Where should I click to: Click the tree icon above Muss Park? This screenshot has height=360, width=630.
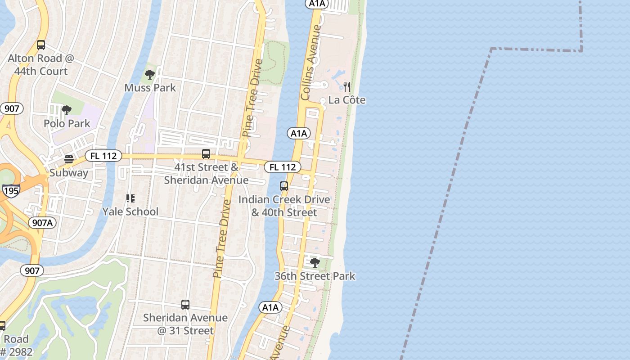(x=150, y=75)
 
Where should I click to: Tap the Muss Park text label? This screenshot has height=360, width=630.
(x=150, y=87)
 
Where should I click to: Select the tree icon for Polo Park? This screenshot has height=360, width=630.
(x=67, y=110)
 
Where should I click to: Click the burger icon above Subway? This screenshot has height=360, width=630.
(x=69, y=159)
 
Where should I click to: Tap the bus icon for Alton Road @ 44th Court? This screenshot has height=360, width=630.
(x=41, y=45)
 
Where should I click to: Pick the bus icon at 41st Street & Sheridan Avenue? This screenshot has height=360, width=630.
(x=206, y=154)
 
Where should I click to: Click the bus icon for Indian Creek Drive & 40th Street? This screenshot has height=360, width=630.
(x=284, y=186)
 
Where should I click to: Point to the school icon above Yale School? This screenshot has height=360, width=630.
(x=130, y=198)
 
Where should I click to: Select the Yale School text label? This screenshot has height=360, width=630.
(x=130, y=211)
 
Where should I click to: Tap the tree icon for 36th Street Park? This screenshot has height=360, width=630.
(x=315, y=263)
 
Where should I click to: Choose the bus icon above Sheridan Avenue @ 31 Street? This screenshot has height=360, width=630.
(x=185, y=305)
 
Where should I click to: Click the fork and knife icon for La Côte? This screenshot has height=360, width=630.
(x=347, y=87)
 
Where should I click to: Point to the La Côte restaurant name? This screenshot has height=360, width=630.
(x=347, y=100)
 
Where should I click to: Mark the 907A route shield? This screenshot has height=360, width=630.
(x=42, y=222)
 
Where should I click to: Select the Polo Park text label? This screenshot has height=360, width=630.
(x=67, y=123)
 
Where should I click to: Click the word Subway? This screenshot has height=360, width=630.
(x=69, y=173)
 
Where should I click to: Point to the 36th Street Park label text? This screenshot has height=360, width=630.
(x=315, y=276)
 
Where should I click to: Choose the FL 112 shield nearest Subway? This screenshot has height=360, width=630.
(x=103, y=156)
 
